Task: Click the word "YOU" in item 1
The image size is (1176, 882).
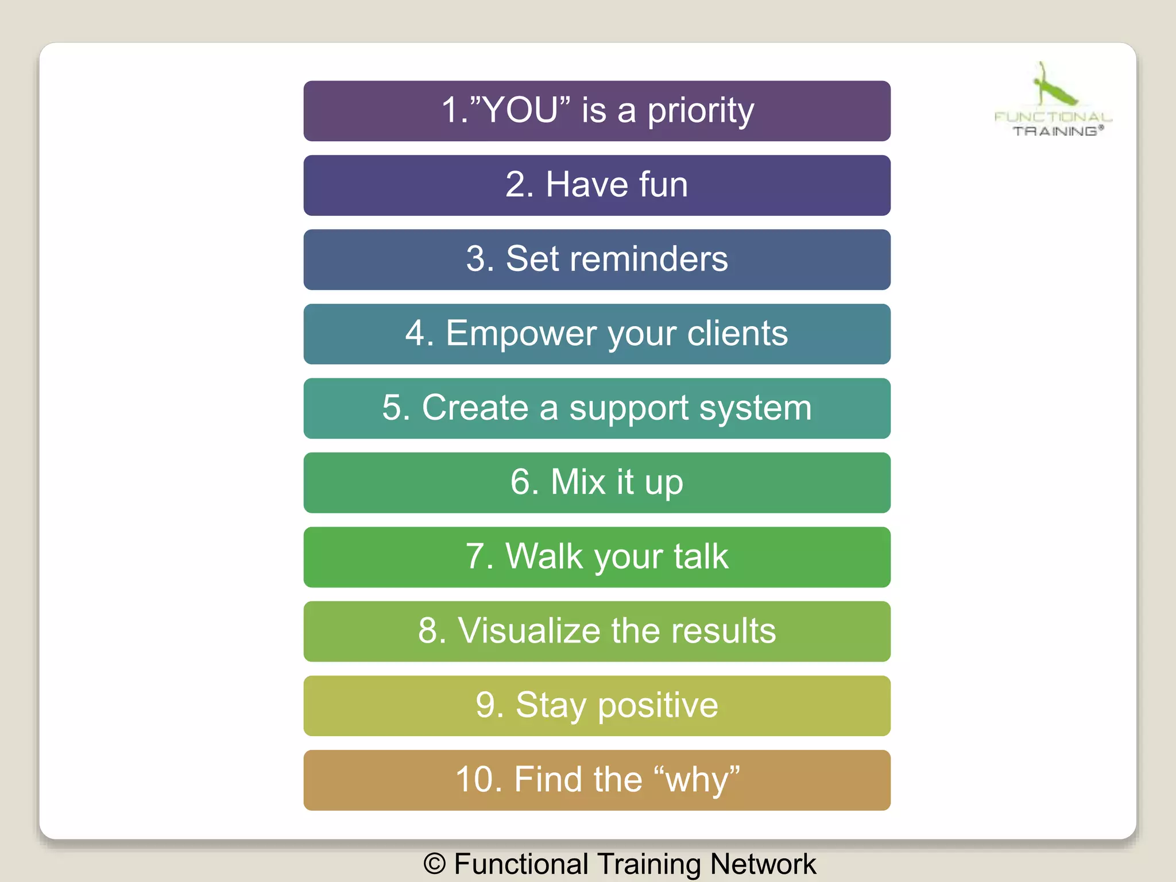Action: [x=521, y=110]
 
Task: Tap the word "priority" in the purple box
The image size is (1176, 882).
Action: [x=701, y=111]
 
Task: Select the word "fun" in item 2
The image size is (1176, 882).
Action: [x=663, y=185]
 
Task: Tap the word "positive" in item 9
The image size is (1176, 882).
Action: [x=657, y=706]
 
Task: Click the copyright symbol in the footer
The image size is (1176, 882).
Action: [x=435, y=864]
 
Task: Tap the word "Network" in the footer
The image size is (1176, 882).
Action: [x=763, y=864]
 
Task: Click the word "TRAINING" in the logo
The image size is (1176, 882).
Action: [x=1055, y=131]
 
